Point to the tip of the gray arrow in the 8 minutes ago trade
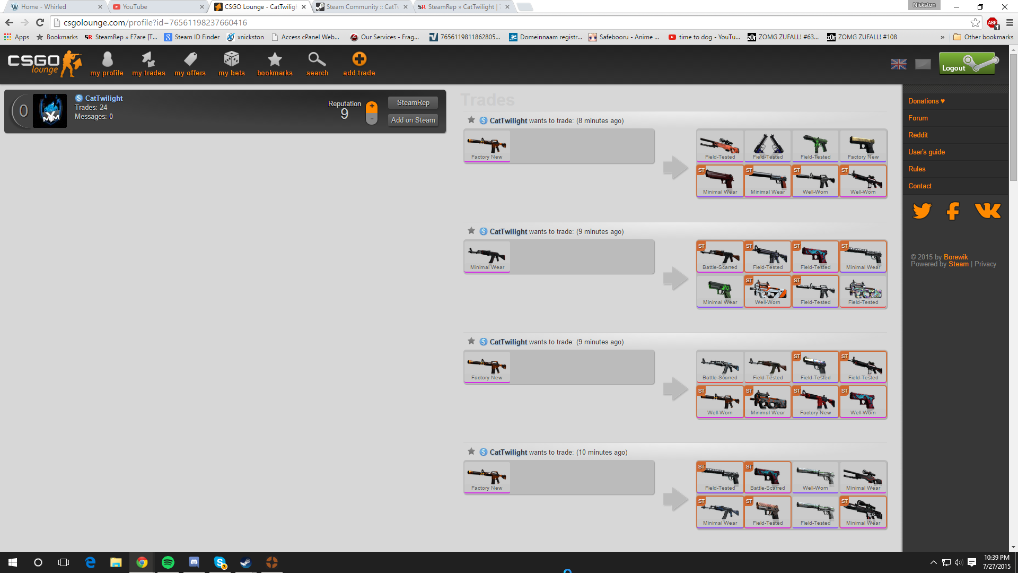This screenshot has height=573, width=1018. coord(688,168)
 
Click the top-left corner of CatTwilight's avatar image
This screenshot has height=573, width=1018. coord(33,94)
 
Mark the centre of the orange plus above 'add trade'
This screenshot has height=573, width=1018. coord(359,58)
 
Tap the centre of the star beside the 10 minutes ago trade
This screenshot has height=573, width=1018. coord(471,452)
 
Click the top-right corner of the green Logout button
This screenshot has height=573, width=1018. coord(995,52)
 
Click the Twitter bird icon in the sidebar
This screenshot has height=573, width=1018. coord(922,211)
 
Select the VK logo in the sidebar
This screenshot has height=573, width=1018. coord(987,211)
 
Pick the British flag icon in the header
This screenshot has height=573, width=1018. coord(898,64)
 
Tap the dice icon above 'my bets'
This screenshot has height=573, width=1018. coord(232,58)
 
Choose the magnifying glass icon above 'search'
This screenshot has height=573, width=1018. coord(317,58)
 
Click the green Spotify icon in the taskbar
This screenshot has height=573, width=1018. coord(168,562)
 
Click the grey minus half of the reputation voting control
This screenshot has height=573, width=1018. coord(372,119)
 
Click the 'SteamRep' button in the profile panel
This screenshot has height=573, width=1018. coord(413,102)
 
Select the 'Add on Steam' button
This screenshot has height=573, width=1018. coord(413,120)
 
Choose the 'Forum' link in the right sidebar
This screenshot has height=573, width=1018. coord(918,118)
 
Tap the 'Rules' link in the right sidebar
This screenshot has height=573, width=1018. coord(917,169)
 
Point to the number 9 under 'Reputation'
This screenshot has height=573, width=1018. coord(345,114)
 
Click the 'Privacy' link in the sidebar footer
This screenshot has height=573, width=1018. coord(985,264)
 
